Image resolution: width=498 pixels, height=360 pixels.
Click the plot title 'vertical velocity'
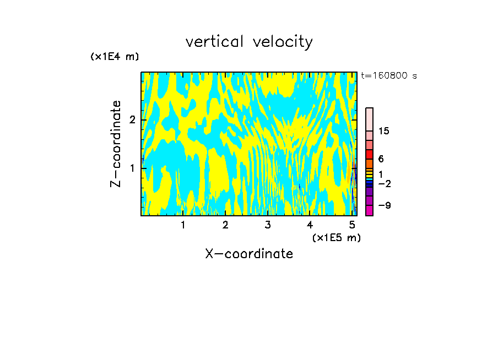[249, 42]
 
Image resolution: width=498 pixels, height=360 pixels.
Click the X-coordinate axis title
[249, 254]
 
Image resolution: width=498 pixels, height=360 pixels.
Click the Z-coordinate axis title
[116, 144]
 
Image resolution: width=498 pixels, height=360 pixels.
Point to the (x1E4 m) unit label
[115, 57]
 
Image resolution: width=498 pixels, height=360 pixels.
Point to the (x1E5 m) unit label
[336, 237]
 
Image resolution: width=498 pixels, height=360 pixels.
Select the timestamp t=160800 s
[388, 76]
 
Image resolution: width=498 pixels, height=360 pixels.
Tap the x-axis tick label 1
[183, 225]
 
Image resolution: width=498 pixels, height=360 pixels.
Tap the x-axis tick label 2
[225, 225]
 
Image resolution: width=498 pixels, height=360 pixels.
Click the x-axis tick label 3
[268, 225]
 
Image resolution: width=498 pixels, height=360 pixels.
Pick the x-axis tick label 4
[310, 225]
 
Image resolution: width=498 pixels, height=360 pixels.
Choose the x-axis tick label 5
[353, 225]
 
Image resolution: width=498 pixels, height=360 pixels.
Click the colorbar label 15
[384, 131]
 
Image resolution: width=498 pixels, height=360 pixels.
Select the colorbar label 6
[381, 159]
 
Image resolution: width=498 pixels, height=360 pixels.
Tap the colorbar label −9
[384, 205]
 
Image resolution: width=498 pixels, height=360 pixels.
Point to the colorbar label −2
[384, 183]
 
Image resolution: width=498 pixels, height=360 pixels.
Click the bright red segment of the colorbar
[370, 154]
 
